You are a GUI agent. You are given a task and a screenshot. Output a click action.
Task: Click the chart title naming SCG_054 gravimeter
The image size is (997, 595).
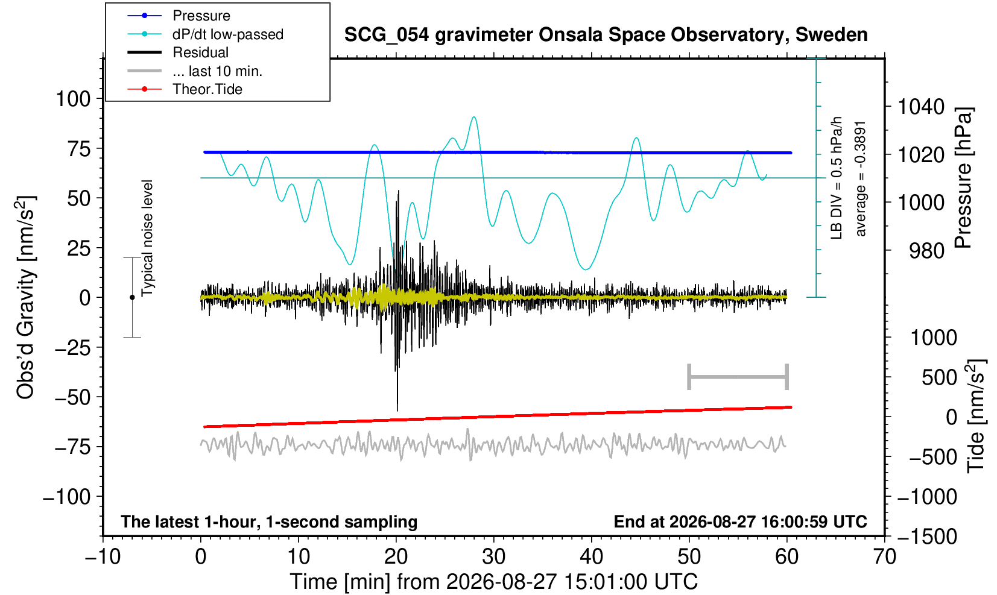coord(606,35)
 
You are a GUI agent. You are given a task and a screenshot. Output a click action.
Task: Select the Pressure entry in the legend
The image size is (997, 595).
coord(201,16)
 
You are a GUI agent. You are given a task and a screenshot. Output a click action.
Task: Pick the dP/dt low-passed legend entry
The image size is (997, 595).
coord(228,34)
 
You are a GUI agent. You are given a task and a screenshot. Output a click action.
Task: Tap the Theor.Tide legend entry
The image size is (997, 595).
coord(207,89)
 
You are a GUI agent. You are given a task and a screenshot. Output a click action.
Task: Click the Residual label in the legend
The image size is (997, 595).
coord(201,52)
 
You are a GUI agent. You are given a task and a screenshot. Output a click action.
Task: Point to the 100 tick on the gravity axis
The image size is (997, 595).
coord(74,99)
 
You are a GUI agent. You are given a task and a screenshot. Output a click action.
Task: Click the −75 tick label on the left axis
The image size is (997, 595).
coord(72,447)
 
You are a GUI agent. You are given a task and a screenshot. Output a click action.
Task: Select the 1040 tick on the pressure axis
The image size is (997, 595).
coord(921,107)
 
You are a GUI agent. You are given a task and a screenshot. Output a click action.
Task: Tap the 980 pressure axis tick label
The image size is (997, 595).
coord(926,251)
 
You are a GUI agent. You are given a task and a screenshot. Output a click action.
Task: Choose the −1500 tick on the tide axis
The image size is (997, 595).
coord(927,537)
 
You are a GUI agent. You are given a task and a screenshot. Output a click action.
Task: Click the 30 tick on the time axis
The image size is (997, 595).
coord(493,556)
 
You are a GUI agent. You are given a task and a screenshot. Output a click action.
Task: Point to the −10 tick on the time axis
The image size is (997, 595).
coord(103,556)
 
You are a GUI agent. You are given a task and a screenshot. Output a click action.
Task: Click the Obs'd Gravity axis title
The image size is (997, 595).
coord(25,298)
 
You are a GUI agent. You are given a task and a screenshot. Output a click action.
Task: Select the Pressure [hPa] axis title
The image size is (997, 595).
coord(964,178)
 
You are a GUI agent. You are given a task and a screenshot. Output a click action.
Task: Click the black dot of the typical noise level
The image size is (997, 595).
coord(132,297)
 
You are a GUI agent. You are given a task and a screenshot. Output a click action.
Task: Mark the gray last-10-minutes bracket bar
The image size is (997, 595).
coord(738,377)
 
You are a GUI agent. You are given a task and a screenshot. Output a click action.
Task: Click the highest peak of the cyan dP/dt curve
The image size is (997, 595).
coord(474,117)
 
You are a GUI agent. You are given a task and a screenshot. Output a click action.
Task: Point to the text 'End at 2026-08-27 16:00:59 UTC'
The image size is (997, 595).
coord(740,521)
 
